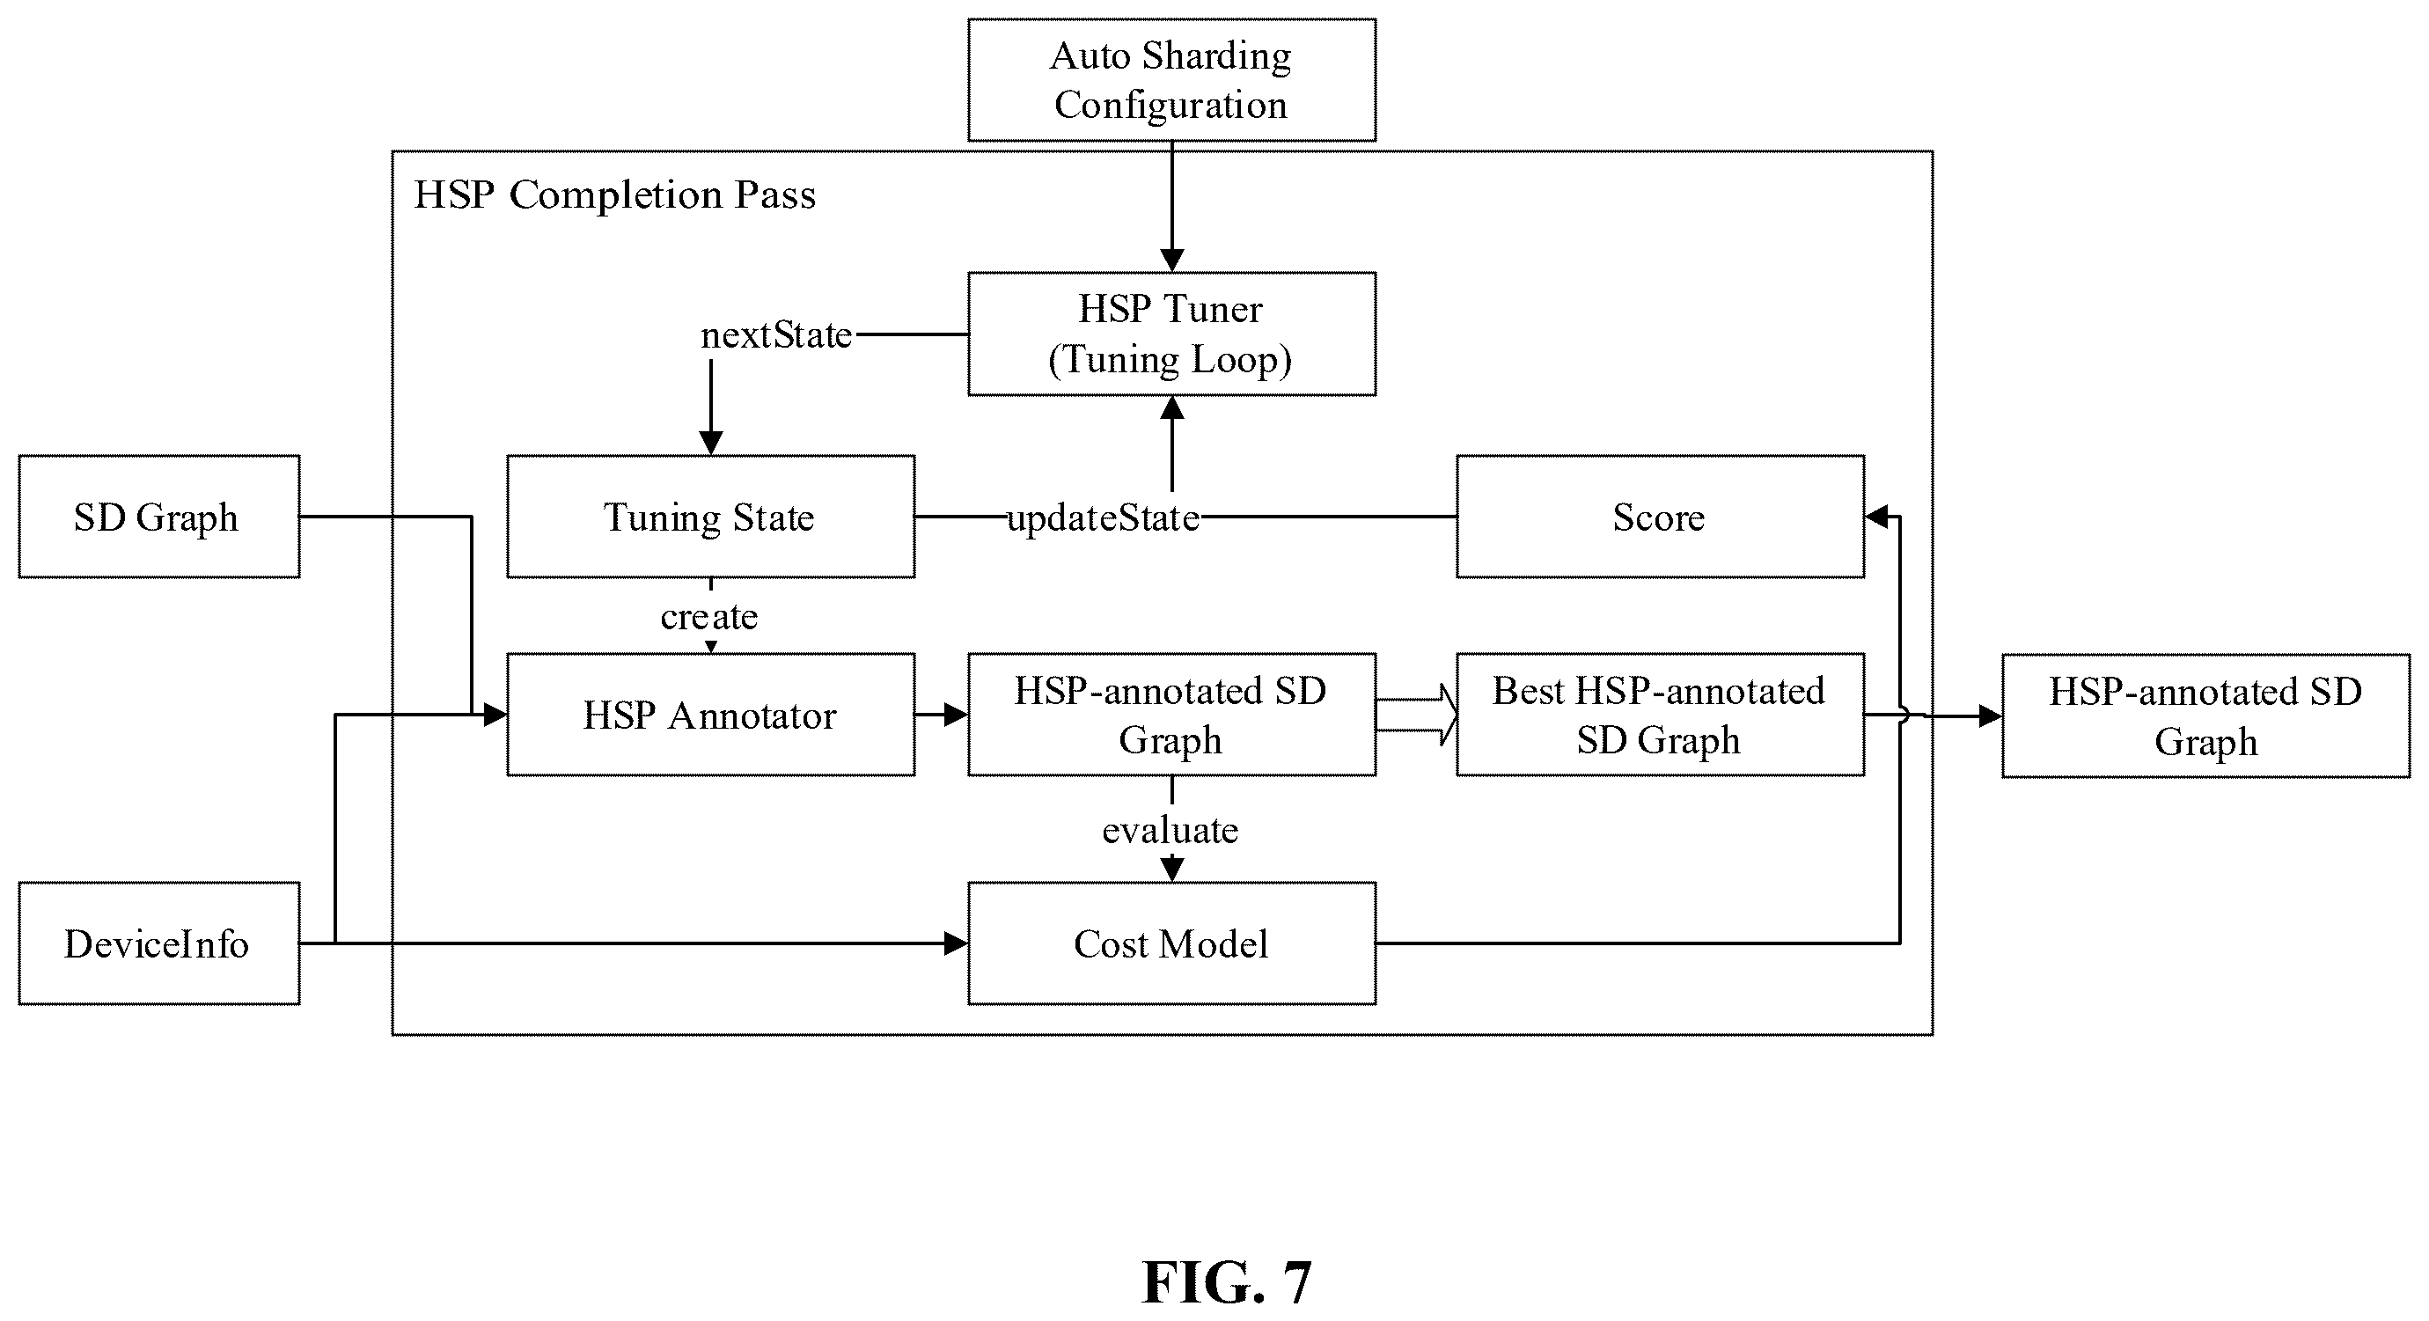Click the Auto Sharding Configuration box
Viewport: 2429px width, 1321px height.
pyautogui.click(x=1171, y=80)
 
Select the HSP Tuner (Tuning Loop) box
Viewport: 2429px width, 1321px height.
pyautogui.click(x=1171, y=334)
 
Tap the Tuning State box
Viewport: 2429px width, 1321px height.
pyautogui.click(x=710, y=517)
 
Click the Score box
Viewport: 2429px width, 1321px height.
pyautogui.click(x=1660, y=517)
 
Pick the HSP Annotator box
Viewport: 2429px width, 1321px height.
pyautogui.click(x=710, y=715)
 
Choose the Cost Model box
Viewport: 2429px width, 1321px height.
pyautogui.click(x=1171, y=943)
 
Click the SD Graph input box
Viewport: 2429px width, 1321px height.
pyautogui.click(x=158, y=517)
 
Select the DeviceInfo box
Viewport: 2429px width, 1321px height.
pyautogui.click(x=158, y=943)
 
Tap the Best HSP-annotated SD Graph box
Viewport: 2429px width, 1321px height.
pyautogui.click(x=1660, y=715)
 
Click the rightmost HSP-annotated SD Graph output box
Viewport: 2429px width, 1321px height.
pyautogui.click(x=2205, y=716)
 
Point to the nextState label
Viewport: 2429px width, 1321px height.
pyautogui.click(x=776, y=334)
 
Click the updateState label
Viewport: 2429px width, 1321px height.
pyautogui.click(x=1104, y=517)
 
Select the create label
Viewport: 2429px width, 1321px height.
pyautogui.click(x=709, y=617)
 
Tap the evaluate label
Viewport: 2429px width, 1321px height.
pyautogui.click(x=1170, y=830)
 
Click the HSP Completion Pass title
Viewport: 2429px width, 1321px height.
pyautogui.click(x=615, y=194)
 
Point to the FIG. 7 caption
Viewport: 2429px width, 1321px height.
pyautogui.click(x=1227, y=1282)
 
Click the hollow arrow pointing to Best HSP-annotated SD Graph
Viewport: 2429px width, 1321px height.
pyautogui.click(x=1416, y=715)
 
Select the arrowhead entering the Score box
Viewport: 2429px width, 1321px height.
pyautogui.click(x=1876, y=517)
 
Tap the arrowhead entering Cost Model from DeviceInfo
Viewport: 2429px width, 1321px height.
pyautogui.click(x=956, y=943)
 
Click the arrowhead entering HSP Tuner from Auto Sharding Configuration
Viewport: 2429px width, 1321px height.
pyautogui.click(x=1171, y=261)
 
